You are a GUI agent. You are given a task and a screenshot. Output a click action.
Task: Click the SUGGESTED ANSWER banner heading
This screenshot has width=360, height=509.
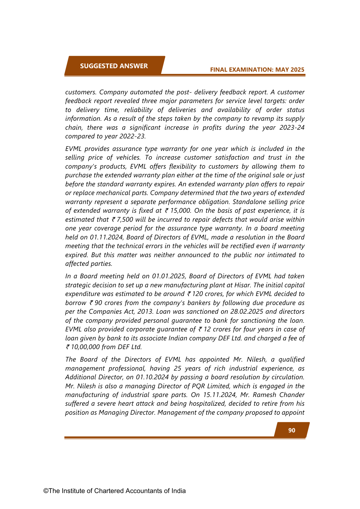pos(114,66)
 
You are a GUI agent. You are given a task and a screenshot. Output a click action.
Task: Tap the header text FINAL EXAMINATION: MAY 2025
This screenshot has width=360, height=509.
pos(257,70)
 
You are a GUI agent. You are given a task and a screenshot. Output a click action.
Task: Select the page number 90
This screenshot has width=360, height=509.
pos(292,430)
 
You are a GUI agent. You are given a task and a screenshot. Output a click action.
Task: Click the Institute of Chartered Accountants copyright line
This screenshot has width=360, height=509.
pos(115,491)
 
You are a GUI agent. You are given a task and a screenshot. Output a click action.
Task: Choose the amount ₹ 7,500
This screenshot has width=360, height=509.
pos(122,219)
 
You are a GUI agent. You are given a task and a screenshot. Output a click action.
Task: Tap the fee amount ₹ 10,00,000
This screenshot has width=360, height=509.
pos(83,347)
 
